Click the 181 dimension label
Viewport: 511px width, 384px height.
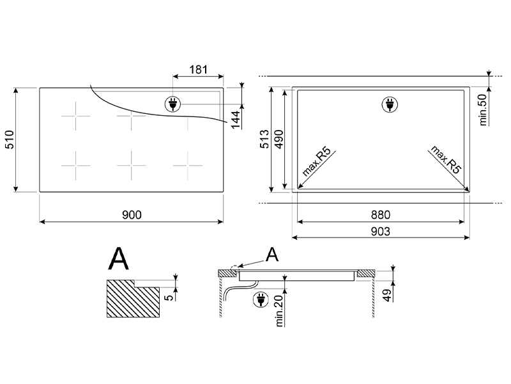[x=198, y=70]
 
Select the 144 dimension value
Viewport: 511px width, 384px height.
[x=236, y=120]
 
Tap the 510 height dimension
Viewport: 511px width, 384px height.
[x=10, y=140]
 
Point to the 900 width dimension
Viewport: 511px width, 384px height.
[x=132, y=215]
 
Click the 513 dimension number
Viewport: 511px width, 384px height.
[x=264, y=139]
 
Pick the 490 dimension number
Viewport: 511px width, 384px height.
[x=279, y=139]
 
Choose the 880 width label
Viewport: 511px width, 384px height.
[x=380, y=215]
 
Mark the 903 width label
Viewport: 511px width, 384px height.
[x=380, y=232]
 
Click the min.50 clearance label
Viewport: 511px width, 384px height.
[x=483, y=109]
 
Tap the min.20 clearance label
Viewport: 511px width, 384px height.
[x=279, y=310]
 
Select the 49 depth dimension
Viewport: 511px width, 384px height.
[x=387, y=295]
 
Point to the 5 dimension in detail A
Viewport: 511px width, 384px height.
[x=169, y=298]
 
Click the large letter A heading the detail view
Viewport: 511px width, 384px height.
[x=118, y=259]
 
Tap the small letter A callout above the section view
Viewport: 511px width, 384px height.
[x=272, y=255]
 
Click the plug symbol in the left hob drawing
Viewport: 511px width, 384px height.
[x=172, y=104]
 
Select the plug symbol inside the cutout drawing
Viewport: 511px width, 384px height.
[x=390, y=104]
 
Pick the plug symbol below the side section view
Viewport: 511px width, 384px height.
[x=261, y=300]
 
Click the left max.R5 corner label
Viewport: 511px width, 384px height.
[x=317, y=162]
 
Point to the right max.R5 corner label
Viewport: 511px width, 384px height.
[x=446, y=159]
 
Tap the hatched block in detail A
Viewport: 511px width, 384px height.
[x=133, y=299]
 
